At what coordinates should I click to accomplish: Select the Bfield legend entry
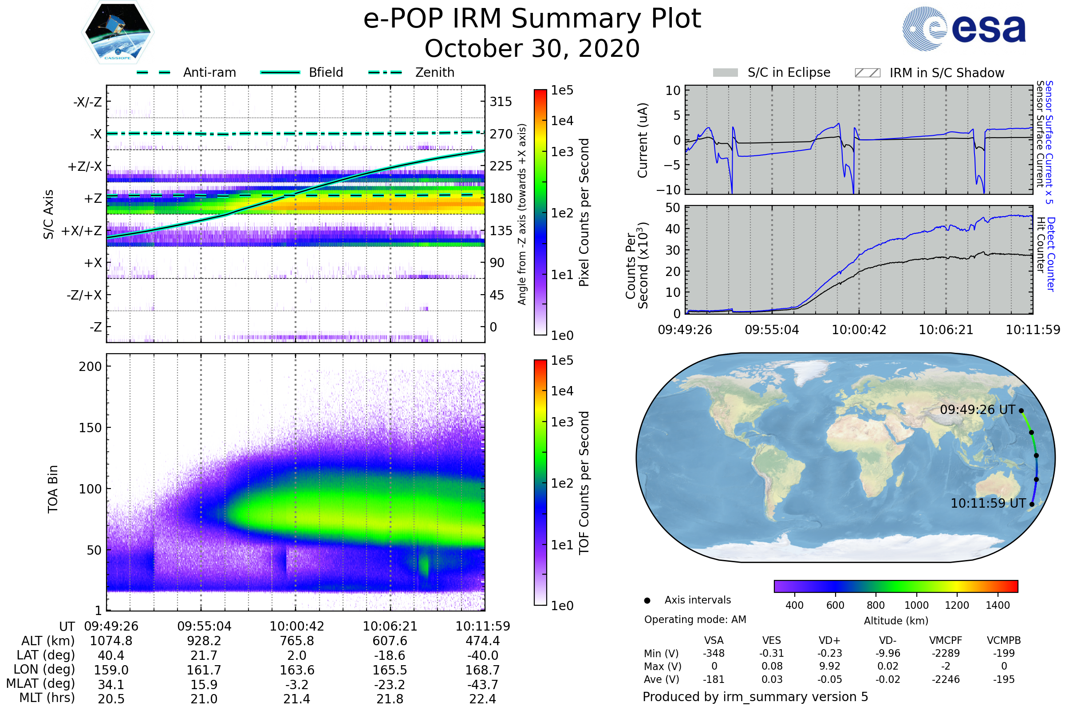click(x=302, y=72)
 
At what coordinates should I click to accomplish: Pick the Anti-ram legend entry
click(x=186, y=72)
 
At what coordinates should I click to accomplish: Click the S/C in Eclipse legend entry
click(x=772, y=73)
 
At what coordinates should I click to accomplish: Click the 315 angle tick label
click(x=501, y=102)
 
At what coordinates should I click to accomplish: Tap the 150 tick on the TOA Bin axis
click(x=90, y=428)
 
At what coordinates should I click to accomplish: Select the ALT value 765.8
click(x=296, y=641)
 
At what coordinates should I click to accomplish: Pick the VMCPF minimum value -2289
click(x=946, y=653)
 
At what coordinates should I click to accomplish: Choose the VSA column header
click(x=714, y=640)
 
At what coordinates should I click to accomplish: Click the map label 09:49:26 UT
click(x=977, y=410)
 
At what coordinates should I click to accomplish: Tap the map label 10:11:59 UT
click(x=988, y=504)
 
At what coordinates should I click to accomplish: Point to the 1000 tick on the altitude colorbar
click(x=916, y=605)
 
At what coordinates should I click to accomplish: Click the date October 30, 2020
click(x=532, y=48)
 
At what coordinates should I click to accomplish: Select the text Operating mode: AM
click(x=695, y=619)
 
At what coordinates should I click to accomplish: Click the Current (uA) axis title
click(x=643, y=140)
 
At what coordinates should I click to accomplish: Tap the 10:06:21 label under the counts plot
click(x=946, y=330)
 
